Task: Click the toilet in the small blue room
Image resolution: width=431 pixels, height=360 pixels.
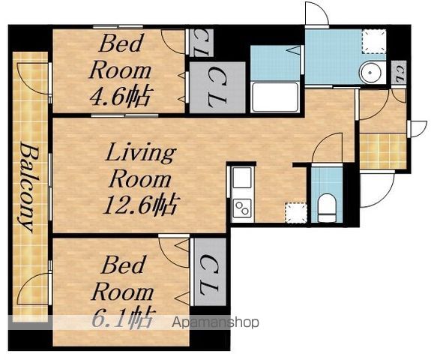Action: point(327,208)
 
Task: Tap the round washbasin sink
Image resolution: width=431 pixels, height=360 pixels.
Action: point(370,73)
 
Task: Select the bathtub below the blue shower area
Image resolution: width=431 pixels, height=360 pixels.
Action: point(275,97)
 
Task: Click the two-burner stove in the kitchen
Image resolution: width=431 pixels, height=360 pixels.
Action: point(242,208)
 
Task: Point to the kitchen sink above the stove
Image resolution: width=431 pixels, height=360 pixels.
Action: point(242,178)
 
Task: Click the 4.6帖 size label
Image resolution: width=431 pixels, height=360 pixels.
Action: point(120,97)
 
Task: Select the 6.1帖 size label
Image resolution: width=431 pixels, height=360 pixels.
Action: point(122,319)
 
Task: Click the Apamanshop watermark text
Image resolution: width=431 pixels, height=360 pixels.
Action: point(216,322)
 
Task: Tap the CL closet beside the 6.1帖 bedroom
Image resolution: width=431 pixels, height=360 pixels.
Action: point(210,272)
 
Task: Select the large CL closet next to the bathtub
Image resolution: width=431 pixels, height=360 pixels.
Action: point(217,88)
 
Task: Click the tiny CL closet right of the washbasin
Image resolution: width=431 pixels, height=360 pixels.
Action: point(399,73)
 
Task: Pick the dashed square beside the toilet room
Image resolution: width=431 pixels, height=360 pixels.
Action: point(296,212)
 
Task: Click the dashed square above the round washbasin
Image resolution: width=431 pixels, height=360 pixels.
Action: point(373,41)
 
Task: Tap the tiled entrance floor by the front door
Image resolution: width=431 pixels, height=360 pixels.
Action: point(383,151)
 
